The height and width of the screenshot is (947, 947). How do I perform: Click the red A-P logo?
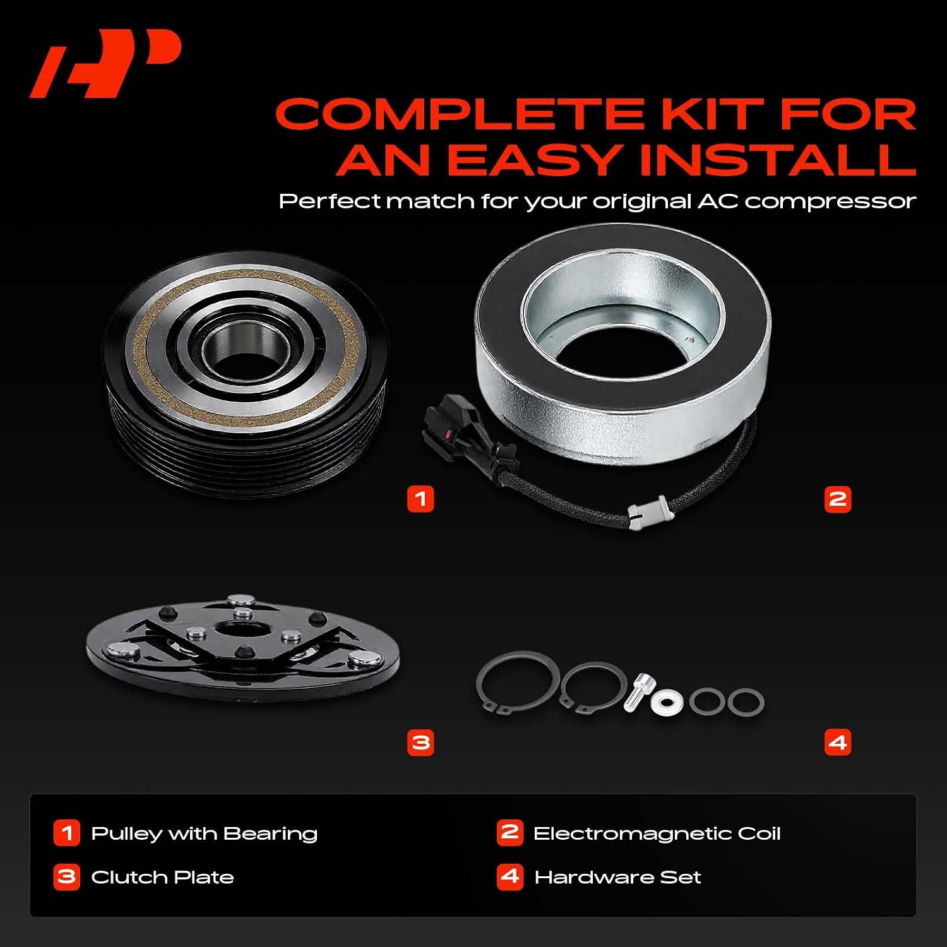tap(105, 65)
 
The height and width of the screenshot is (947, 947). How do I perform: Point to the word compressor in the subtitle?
tap(830, 202)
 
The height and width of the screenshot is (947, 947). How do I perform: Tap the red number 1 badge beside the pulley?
tap(420, 499)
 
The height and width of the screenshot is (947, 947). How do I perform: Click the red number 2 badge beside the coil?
tap(838, 499)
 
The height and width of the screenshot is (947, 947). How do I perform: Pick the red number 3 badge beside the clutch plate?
tap(420, 742)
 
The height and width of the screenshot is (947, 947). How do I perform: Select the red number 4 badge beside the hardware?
tap(838, 742)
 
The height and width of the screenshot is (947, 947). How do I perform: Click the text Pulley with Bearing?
tap(204, 833)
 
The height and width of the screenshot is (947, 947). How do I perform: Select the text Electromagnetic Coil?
tap(657, 833)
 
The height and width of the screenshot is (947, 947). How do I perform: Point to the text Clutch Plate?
tap(162, 877)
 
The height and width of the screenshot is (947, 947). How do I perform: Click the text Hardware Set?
tap(617, 877)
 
